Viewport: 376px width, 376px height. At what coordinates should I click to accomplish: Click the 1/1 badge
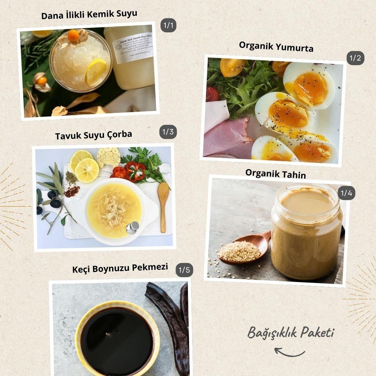[169, 25]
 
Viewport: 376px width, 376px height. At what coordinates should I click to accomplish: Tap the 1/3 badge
[168, 132]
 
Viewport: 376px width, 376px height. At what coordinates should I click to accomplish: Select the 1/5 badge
[184, 270]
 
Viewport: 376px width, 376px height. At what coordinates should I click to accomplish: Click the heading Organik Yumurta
[276, 46]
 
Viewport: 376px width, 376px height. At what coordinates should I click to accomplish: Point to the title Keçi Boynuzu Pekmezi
[120, 268]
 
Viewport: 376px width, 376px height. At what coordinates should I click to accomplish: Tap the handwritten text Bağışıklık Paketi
[291, 333]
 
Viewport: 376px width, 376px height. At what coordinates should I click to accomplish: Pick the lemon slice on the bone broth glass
[96, 72]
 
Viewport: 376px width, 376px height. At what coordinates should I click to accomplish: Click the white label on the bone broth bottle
[133, 48]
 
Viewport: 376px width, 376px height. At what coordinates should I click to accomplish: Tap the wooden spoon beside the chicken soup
[163, 205]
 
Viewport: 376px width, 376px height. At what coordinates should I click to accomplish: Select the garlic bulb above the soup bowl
[109, 157]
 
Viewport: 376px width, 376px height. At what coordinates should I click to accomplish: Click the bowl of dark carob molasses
[117, 336]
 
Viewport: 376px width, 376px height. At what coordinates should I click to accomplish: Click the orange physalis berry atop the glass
[73, 35]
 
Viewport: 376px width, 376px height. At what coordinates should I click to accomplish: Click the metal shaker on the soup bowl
[132, 228]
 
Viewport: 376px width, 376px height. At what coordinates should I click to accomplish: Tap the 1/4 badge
[346, 193]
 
